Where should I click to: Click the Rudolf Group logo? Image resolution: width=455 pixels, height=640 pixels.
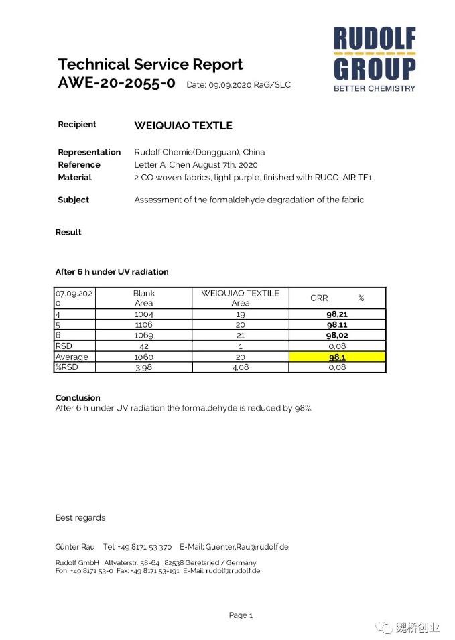point(375,59)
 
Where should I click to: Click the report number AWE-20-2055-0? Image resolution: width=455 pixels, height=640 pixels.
point(117,84)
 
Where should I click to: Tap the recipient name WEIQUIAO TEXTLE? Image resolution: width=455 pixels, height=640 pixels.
point(183,125)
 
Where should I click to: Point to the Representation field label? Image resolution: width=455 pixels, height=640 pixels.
point(89,152)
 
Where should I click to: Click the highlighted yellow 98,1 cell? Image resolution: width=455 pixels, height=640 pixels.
point(337,357)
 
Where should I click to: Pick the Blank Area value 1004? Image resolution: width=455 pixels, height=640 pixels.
point(144,314)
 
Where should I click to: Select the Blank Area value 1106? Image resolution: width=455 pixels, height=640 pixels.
point(144,324)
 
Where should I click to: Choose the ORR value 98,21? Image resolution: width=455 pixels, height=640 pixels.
point(337,314)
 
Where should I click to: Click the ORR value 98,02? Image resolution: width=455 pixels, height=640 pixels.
point(337,335)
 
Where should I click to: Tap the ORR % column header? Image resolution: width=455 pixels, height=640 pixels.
point(337,298)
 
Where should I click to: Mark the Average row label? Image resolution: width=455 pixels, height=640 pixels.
point(72,357)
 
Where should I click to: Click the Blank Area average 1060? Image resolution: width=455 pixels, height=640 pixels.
point(144,357)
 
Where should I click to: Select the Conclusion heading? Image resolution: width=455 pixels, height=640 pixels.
point(78,397)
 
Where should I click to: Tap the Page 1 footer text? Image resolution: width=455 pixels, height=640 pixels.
point(241,615)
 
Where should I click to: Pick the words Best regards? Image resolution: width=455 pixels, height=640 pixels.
point(80,517)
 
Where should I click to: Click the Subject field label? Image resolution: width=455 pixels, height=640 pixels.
point(73,200)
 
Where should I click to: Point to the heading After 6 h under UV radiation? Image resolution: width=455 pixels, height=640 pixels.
point(112,272)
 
